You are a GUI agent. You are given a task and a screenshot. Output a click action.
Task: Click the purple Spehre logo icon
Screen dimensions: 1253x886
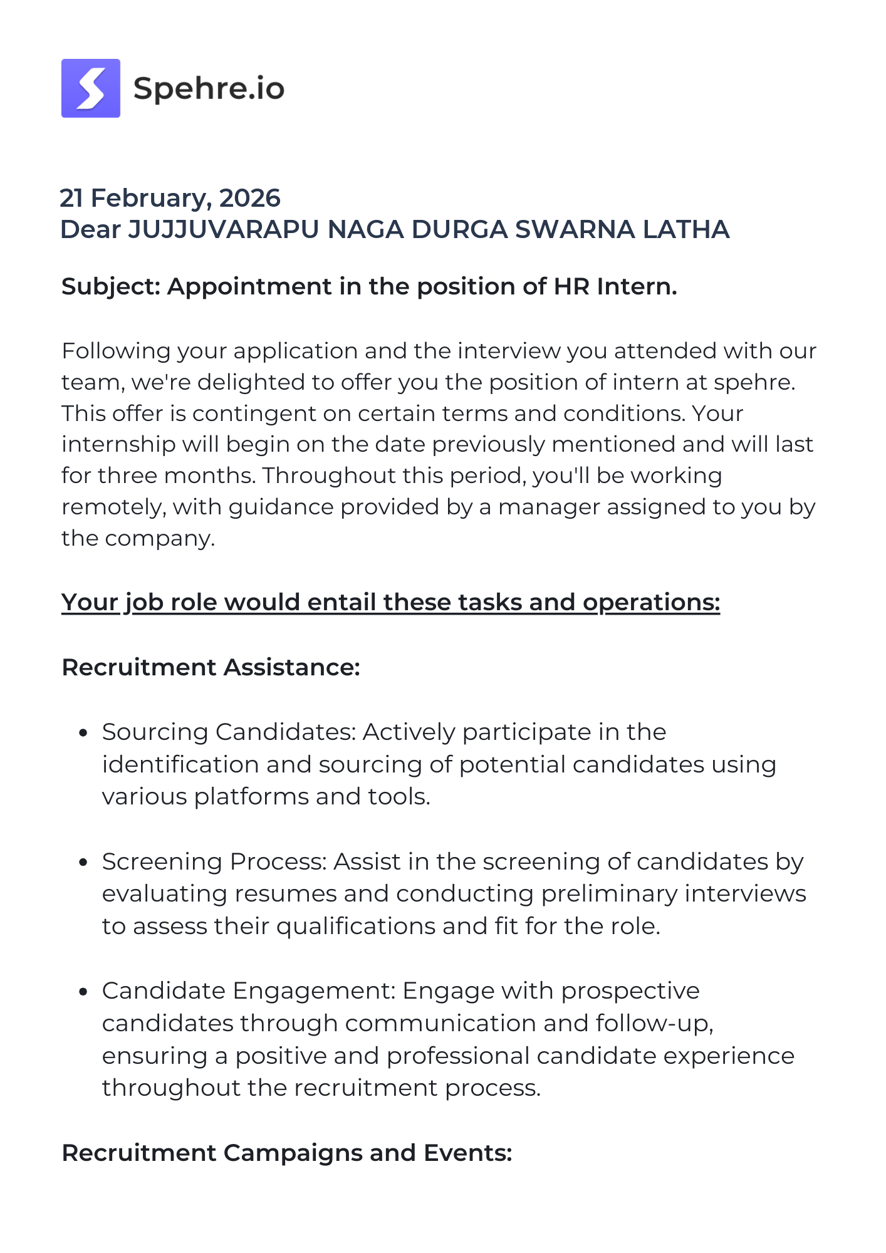click(91, 88)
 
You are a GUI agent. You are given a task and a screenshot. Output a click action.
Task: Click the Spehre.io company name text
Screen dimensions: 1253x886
click(209, 88)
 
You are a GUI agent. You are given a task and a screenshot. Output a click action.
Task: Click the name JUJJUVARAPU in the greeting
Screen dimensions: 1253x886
click(224, 229)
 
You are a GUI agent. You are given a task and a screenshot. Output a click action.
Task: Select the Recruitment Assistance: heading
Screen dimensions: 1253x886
click(211, 667)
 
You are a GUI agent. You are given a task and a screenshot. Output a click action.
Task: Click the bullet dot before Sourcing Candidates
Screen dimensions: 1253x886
click(83, 732)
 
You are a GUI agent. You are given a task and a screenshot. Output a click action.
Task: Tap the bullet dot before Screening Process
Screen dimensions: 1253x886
click(83, 862)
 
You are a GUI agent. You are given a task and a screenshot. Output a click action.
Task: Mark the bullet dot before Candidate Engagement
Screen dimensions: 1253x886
click(83, 991)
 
